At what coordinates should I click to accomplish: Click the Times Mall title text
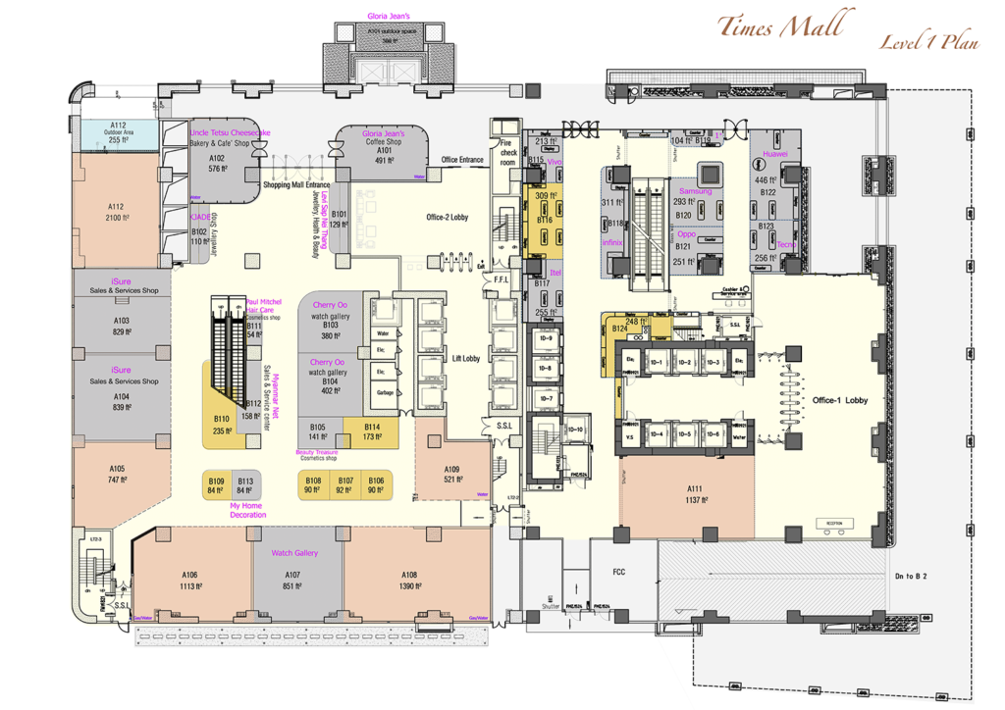779,25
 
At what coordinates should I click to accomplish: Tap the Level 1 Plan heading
927,42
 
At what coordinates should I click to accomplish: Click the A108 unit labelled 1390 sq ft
409,579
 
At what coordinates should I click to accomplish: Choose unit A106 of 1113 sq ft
190,579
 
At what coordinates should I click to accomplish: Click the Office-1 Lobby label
839,400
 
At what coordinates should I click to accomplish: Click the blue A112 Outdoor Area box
117,134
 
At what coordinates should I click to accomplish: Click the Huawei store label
774,154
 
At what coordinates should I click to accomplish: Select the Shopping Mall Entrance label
294,184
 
